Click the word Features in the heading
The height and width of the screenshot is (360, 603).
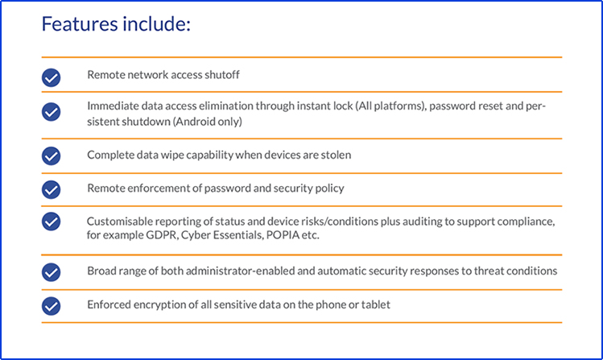tap(80, 24)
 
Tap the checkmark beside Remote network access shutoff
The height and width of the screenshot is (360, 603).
tap(52, 77)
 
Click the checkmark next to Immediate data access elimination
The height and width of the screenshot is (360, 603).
tap(52, 112)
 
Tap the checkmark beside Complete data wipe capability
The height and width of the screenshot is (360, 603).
tap(52, 155)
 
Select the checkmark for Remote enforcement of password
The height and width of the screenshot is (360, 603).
tap(52, 189)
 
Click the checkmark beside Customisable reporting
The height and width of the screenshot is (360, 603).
tap(52, 221)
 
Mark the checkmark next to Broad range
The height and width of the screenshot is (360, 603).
tap(52, 272)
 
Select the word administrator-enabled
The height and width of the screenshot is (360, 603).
tap(237, 271)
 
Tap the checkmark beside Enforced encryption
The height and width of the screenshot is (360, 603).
tap(52, 306)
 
